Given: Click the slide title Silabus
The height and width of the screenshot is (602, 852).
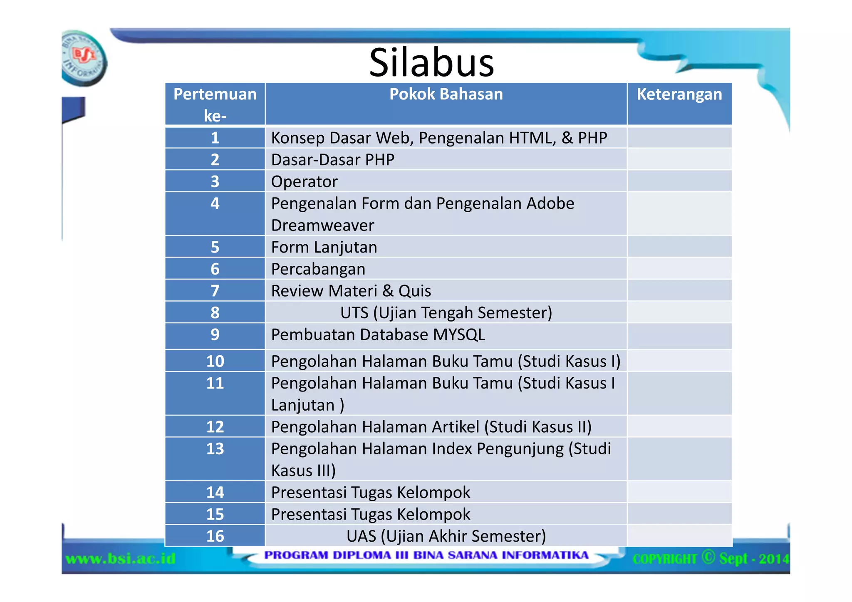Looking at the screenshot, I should (431, 62).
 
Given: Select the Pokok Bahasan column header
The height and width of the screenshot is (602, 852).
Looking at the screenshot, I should (446, 95).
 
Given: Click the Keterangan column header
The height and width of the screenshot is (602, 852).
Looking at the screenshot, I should (679, 95).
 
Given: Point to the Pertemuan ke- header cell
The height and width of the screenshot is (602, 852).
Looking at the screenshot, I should (215, 104).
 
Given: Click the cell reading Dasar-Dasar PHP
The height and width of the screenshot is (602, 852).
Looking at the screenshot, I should (332, 160).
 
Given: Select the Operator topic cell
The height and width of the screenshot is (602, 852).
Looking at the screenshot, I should (304, 182).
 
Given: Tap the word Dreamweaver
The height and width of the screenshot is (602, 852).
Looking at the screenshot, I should (322, 225).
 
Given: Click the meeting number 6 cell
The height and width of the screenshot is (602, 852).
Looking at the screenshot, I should (215, 269).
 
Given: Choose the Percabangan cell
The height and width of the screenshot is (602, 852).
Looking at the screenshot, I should (318, 269).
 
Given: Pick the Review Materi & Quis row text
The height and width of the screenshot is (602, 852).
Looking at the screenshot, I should (351, 291).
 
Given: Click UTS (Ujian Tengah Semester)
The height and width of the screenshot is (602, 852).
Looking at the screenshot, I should (446, 313).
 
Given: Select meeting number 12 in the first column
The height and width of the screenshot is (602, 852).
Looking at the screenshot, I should (215, 427).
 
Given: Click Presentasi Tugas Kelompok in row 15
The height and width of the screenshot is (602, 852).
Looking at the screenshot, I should (370, 515).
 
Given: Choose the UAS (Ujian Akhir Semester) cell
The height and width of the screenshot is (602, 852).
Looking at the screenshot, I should (446, 536).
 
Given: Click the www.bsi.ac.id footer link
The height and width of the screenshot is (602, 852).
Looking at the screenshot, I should (121, 558).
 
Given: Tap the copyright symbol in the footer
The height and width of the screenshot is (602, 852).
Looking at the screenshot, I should (708, 557).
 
